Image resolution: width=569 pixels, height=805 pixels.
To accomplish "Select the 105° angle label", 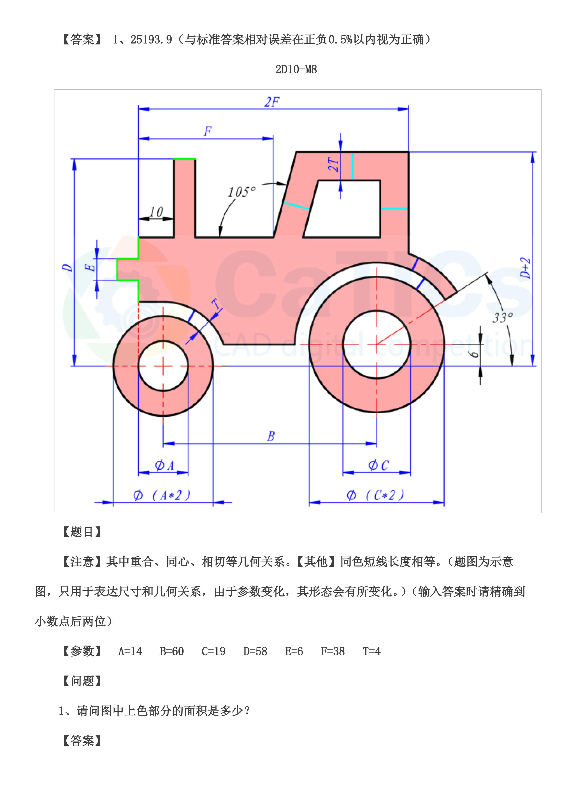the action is (242, 192).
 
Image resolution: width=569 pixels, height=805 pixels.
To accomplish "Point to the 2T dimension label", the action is (334, 164).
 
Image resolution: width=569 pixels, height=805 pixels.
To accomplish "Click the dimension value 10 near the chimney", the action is (156, 212).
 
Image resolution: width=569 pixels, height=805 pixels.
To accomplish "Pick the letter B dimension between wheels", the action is (271, 436).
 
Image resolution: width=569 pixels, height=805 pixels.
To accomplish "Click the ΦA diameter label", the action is (164, 465).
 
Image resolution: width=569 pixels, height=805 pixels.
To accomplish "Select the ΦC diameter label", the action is (378, 465).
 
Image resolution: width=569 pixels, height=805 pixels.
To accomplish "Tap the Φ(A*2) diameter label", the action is (162, 495).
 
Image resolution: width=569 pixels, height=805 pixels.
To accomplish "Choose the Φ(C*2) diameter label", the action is (375, 495).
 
